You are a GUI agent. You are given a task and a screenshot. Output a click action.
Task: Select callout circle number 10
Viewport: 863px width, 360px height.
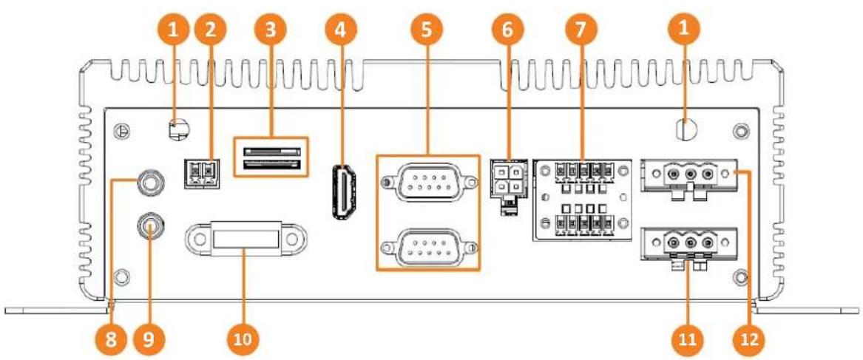click(x=244, y=337)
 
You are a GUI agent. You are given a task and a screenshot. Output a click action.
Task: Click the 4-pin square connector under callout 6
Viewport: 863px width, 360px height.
click(x=507, y=177)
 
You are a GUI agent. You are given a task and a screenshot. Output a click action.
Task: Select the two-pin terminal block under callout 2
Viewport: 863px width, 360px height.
click(x=201, y=173)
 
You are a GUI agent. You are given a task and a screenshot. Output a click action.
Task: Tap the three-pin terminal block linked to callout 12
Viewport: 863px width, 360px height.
click(x=688, y=175)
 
